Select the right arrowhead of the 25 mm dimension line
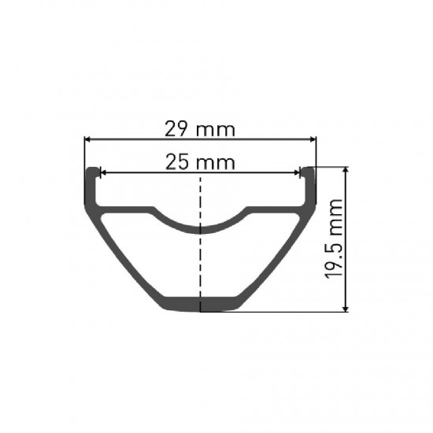(300, 173)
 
